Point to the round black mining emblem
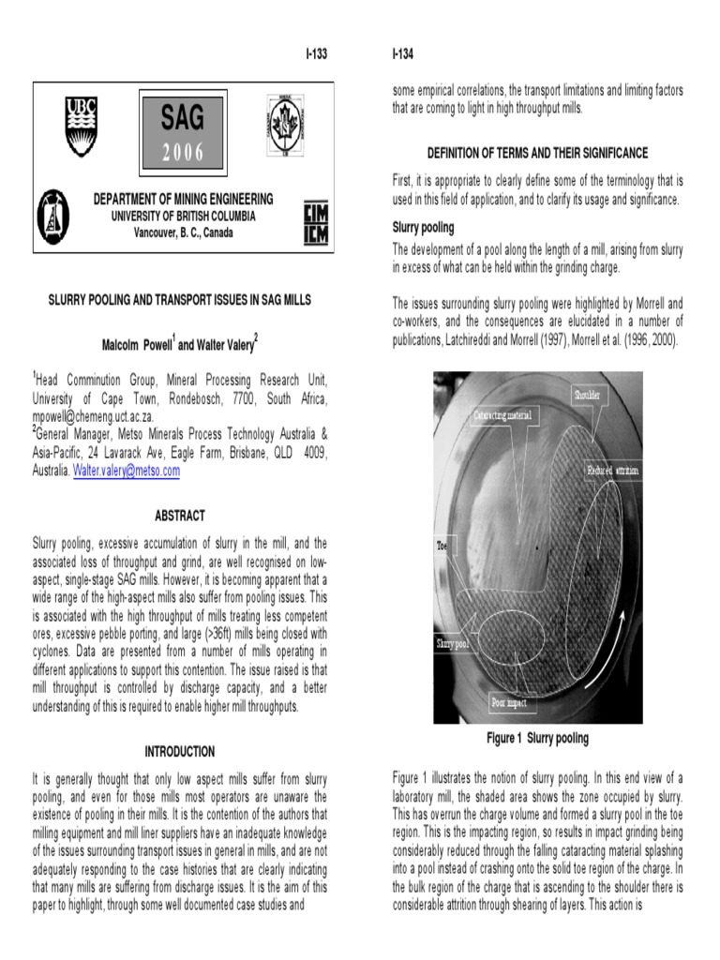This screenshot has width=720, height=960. pyautogui.click(x=54, y=217)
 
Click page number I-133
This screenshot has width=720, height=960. pyautogui.click(x=317, y=52)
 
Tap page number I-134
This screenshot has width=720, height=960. pyautogui.click(x=405, y=52)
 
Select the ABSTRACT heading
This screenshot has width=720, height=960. pyautogui.click(x=179, y=516)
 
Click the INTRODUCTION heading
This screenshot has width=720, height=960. pyautogui.click(x=179, y=751)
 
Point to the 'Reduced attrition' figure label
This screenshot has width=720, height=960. pyautogui.click(x=613, y=469)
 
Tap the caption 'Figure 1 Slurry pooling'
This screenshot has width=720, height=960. pyautogui.click(x=537, y=738)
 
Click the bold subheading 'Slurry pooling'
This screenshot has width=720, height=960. pyautogui.click(x=423, y=227)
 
